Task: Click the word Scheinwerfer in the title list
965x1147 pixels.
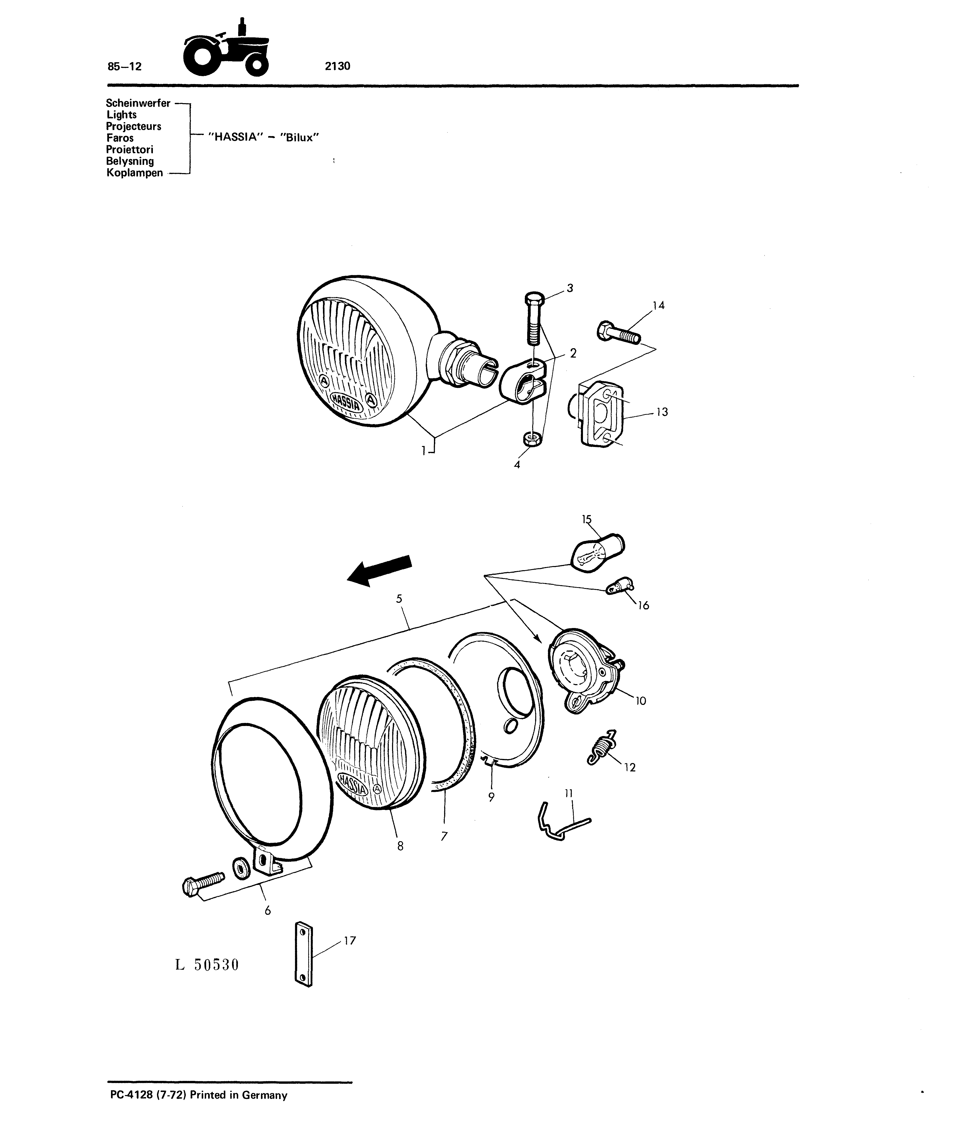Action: click(138, 103)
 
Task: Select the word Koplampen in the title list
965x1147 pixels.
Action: click(135, 173)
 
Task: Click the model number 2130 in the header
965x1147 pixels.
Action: click(338, 66)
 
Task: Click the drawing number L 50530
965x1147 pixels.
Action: click(207, 965)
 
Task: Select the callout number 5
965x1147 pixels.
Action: click(399, 599)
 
